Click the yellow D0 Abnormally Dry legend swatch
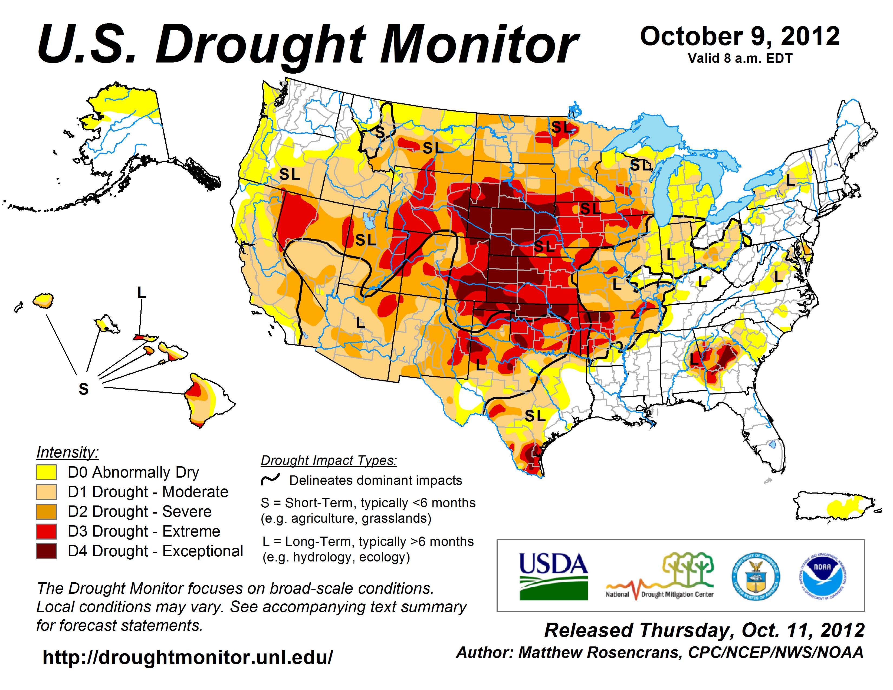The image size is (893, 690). coord(46,472)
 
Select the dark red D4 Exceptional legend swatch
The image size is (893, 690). coord(46,551)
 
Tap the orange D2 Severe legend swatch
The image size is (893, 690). coord(46,512)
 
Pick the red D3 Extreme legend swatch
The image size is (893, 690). coord(46,531)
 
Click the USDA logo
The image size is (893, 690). coord(553,576)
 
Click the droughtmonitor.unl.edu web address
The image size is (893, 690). coord(188,657)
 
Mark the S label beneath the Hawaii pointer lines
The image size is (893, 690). coord(83,389)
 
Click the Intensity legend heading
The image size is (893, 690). coord(67,452)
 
